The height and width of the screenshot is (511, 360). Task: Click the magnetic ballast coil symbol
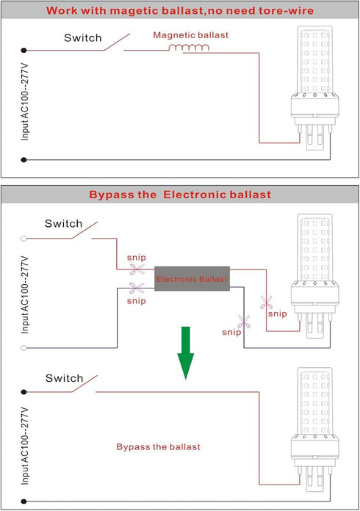(189, 48)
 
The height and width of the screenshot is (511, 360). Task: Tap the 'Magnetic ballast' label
(191, 35)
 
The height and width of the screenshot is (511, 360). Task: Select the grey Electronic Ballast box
(192, 279)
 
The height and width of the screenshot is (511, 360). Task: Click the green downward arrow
(186, 353)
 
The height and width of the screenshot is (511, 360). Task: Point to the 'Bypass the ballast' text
(158, 447)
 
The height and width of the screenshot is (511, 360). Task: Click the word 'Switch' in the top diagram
(83, 37)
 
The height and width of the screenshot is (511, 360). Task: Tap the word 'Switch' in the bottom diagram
(64, 378)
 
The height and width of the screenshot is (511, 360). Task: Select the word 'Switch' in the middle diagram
(64, 223)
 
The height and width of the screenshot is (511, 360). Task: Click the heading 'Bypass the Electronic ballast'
(180, 195)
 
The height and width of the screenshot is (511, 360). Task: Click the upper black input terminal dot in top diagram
(24, 50)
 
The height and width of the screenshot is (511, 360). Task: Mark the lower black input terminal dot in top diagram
(24, 160)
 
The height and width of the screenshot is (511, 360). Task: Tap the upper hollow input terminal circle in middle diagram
(24, 239)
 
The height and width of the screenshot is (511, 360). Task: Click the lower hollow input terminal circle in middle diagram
(24, 348)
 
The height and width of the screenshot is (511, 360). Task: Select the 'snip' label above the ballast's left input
(137, 258)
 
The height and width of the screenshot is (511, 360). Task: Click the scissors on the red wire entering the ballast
(137, 269)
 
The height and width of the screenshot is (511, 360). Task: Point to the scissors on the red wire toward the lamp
(266, 302)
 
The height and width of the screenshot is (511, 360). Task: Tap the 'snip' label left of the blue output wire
(231, 333)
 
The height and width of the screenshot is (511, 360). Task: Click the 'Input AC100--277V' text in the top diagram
(25, 102)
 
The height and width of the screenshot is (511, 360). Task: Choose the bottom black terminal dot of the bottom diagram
(24, 501)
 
